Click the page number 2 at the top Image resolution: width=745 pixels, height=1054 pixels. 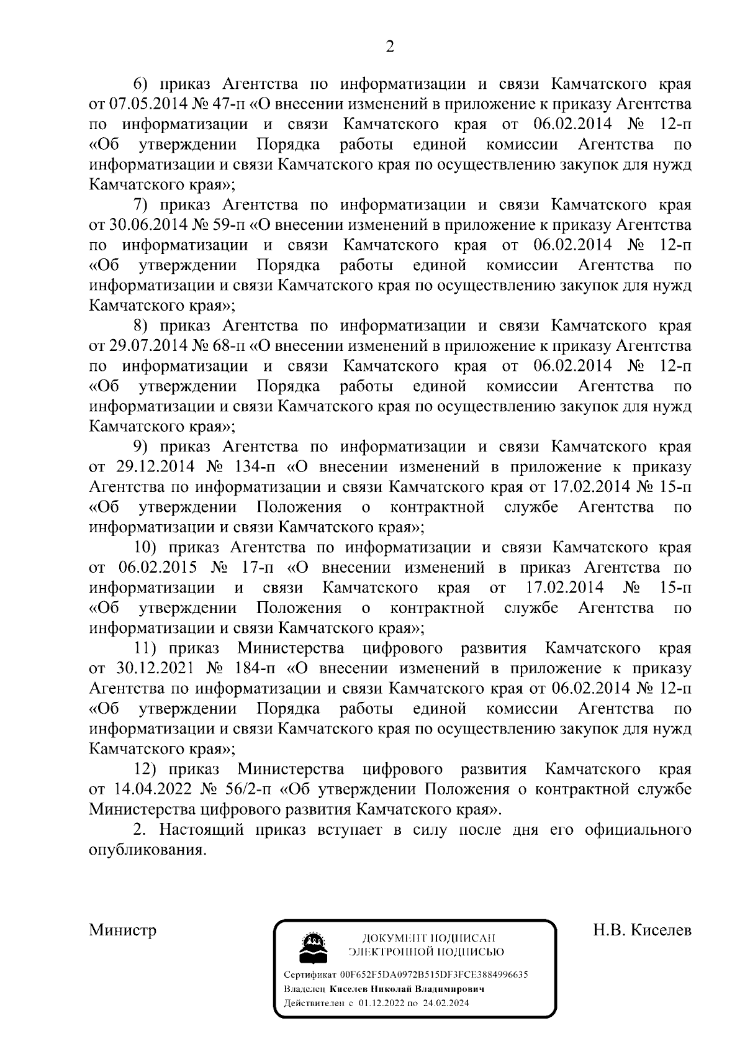click(x=390, y=47)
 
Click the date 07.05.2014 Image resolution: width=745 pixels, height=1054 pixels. click(x=144, y=104)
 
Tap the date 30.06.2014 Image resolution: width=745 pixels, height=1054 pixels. click(x=144, y=225)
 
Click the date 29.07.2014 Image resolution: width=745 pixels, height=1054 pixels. click(x=144, y=346)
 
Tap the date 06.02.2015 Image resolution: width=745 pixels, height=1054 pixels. click(x=157, y=568)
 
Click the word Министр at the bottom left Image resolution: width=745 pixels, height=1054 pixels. click(x=123, y=930)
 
